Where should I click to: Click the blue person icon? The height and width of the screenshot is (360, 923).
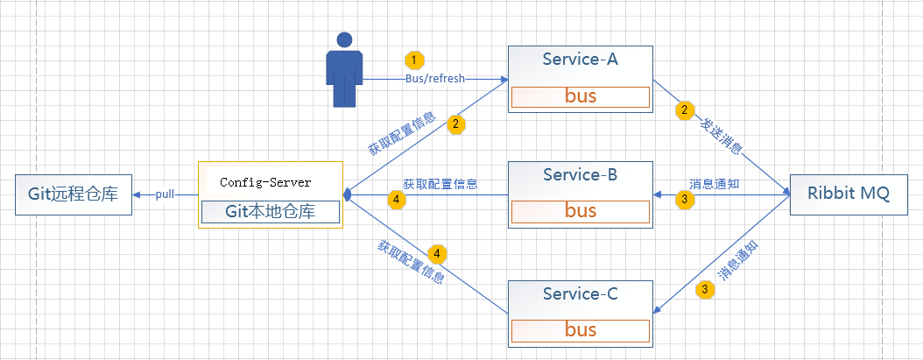344,70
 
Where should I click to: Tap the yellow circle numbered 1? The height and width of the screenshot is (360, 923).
414,60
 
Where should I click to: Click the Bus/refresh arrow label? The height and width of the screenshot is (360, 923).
434,78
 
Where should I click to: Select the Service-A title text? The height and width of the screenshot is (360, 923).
580,59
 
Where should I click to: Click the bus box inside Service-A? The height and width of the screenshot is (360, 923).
580,96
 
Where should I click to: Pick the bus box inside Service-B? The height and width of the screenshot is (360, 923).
580,210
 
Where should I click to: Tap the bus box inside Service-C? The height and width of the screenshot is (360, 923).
580,330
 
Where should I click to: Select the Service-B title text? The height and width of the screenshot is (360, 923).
580,174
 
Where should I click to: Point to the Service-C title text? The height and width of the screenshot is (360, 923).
580,294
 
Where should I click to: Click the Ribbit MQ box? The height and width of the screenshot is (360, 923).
847,194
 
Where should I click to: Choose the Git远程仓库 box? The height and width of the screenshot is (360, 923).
73,194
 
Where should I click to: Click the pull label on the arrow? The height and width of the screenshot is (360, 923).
166,194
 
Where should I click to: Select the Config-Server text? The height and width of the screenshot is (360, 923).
265,182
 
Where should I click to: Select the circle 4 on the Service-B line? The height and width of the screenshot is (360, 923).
397,200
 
